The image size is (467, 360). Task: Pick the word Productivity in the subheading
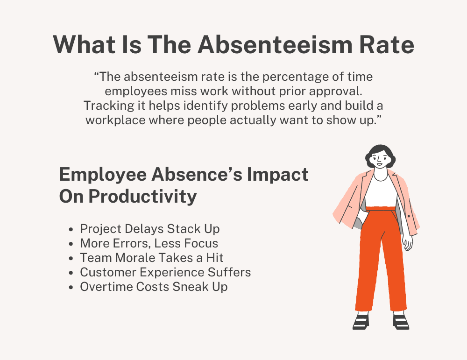pyautogui.click(x=142, y=196)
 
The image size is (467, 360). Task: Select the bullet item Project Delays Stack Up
pyautogui.click(x=149, y=229)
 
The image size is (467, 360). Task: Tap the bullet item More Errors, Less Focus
pyautogui.click(x=149, y=244)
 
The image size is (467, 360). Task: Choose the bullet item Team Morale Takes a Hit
pyautogui.click(x=151, y=258)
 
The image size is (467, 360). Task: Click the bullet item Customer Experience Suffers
pyautogui.click(x=165, y=272)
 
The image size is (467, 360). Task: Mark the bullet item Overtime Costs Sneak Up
pyautogui.click(x=154, y=287)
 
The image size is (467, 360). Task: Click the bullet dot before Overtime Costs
pyautogui.click(x=71, y=287)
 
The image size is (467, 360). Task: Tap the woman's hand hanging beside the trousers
pyautogui.click(x=407, y=242)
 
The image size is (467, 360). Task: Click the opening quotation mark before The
pyautogui.click(x=97, y=77)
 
